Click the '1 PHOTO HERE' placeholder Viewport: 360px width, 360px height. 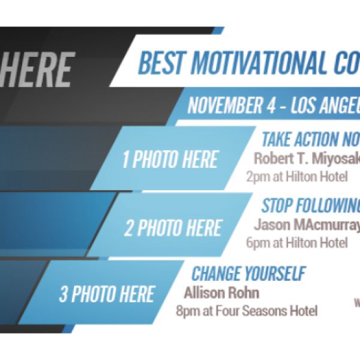click(169, 160)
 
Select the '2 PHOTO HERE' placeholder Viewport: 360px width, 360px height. click(173, 228)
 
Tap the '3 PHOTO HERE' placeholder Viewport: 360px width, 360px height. click(106, 294)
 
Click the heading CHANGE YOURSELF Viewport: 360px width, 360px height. click(248, 274)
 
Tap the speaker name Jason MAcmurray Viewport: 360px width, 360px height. click(307, 226)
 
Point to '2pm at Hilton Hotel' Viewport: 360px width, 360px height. click(296, 177)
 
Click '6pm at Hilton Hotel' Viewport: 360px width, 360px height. click(296, 243)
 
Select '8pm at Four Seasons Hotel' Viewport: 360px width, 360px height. click(246, 311)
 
